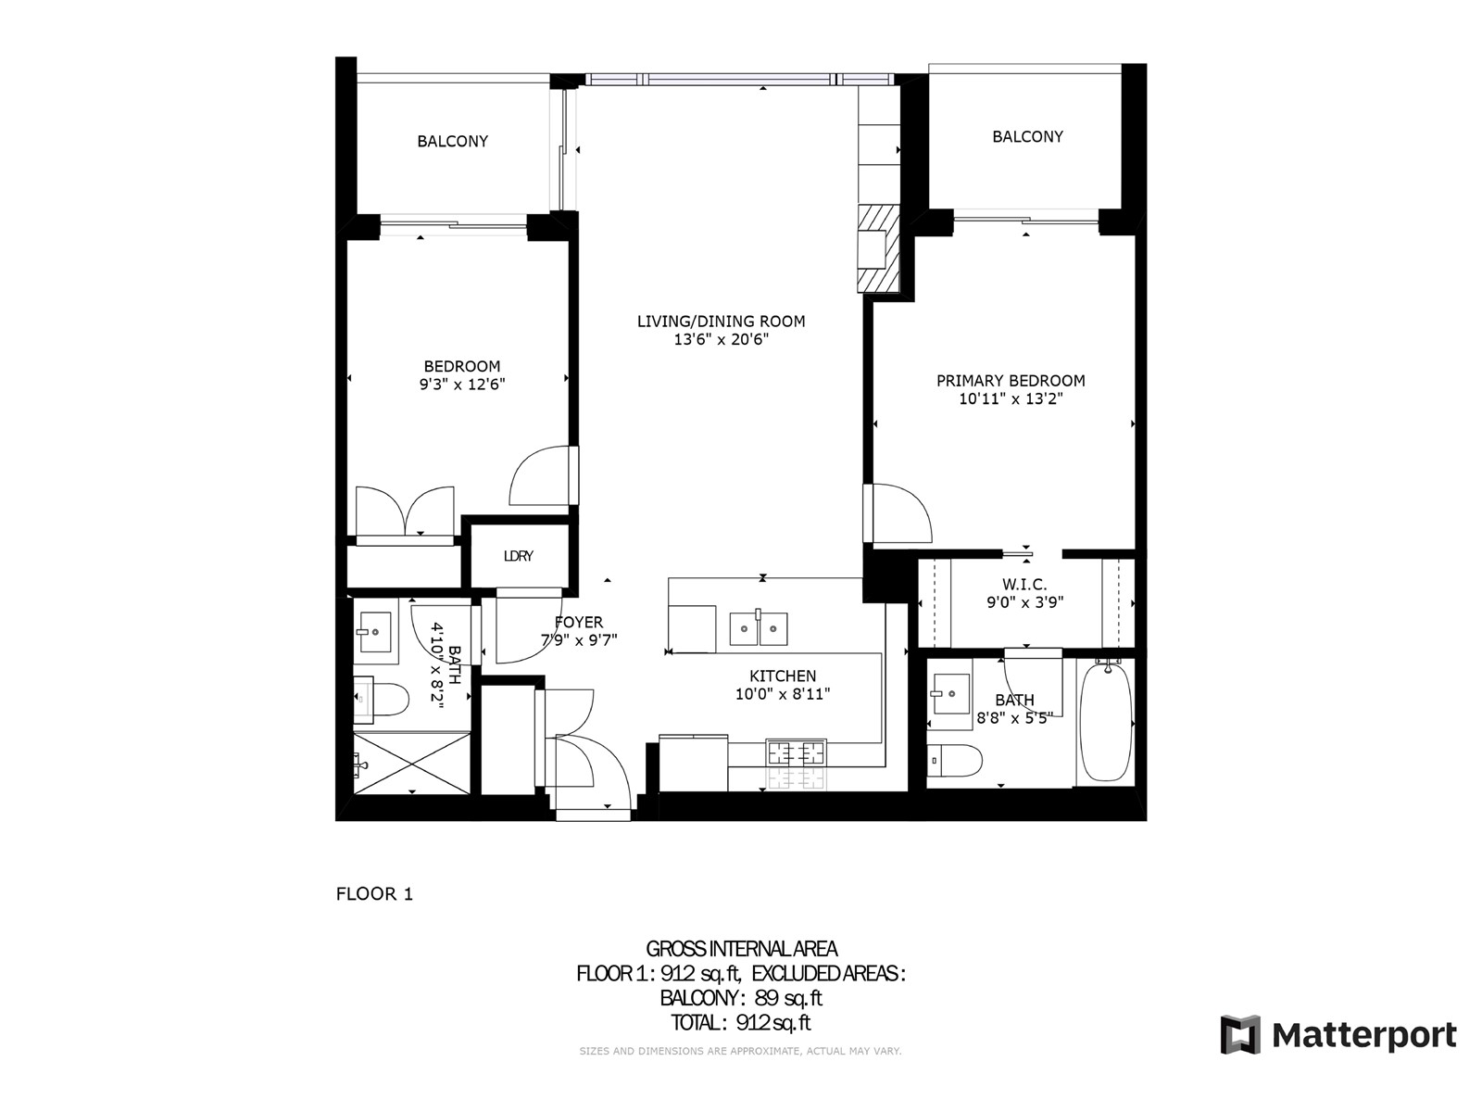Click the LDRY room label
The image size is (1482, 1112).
pos(518,556)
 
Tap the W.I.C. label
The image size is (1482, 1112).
pos(1024,584)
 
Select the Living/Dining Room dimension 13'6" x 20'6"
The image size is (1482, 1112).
pos(721,339)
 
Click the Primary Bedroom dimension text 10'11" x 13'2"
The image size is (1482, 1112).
pos(1011,399)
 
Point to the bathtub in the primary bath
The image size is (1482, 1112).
pos(1106,722)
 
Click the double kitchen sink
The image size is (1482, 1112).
pos(759,628)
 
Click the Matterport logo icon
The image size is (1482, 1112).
pos(1240,1033)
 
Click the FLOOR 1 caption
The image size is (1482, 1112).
pos(374,894)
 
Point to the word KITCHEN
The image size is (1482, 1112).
pos(783,676)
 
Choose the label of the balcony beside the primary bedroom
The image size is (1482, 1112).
pos(1027,136)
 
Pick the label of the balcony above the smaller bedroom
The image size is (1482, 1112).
pos(452,141)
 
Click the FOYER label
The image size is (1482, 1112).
pos(579,622)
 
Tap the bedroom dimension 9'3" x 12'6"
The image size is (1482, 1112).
pos(462,385)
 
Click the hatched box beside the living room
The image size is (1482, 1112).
pos(879,249)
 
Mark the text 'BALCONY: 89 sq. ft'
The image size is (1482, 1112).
pos(741,998)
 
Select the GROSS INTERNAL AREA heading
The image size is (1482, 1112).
pos(741,949)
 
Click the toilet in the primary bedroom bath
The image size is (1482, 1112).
pos(954,760)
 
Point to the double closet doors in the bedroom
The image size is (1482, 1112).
pos(405,512)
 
